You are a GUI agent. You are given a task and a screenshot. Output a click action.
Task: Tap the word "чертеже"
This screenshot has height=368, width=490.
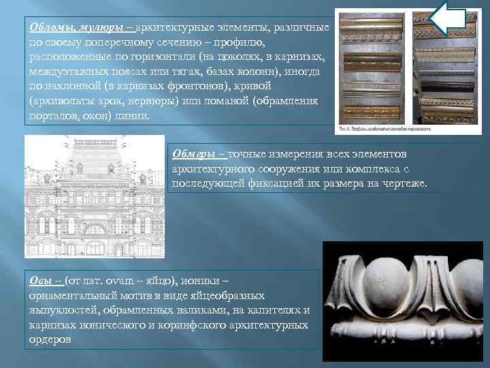(x=401, y=183)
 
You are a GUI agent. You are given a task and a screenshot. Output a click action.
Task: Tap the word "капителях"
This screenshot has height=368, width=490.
(x=267, y=310)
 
